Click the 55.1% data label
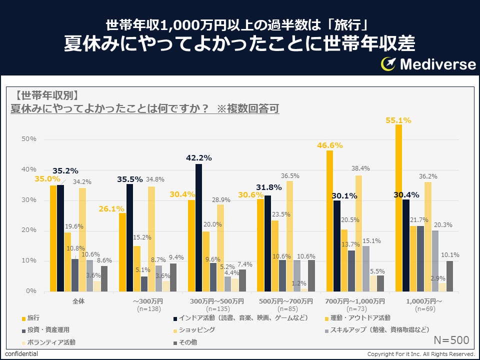(x=398, y=120)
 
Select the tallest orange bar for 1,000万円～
(x=398, y=207)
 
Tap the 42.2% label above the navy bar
(x=199, y=158)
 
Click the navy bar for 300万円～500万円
(x=199, y=227)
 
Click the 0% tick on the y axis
(x=31, y=291)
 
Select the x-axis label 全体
(x=78, y=301)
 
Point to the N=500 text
(x=451, y=340)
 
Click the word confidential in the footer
(x=21, y=354)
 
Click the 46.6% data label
(x=329, y=145)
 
